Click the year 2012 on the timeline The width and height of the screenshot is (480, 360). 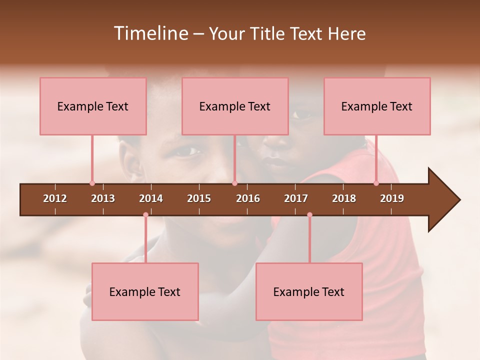55,198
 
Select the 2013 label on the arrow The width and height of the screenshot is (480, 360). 103,198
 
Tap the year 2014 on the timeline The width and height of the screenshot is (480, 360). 151,198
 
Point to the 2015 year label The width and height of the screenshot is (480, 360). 199,198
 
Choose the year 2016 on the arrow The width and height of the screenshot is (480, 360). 248,198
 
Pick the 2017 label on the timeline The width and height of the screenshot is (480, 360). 296,198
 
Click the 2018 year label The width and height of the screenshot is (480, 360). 344,198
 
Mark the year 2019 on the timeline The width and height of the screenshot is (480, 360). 392,198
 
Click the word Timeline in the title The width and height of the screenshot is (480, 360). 150,33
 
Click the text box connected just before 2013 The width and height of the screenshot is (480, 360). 93,106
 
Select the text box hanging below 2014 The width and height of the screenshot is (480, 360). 145,291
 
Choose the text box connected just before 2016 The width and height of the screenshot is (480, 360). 235,106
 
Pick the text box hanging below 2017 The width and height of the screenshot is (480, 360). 309,291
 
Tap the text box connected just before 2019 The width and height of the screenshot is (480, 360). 377,106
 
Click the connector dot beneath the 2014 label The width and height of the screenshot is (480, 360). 145,215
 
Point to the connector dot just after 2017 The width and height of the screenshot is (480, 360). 309,215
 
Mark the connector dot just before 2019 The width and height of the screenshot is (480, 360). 376,183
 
